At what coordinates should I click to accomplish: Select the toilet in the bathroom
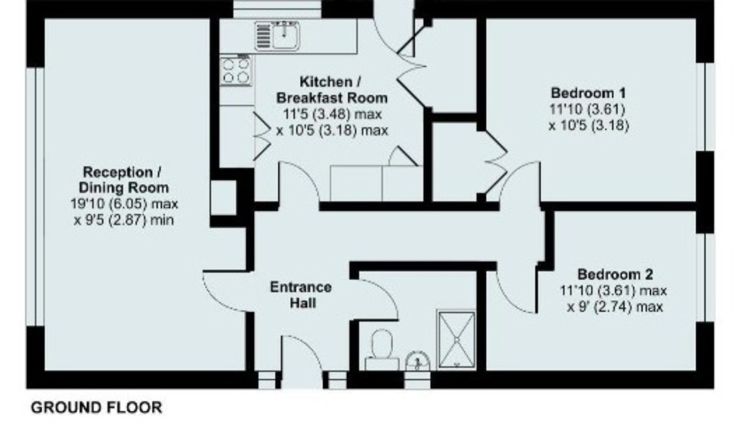click(x=382, y=350)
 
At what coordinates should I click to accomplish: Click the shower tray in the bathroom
click(x=457, y=338)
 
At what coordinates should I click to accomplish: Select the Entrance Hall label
click(x=301, y=295)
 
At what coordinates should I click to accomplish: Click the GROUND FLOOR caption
click(x=96, y=408)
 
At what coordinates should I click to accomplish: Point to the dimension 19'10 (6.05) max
click(x=125, y=204)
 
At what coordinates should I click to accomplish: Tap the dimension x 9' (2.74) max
click(x=614, y=307)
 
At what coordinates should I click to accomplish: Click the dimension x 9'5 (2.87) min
click(x=124, y=220)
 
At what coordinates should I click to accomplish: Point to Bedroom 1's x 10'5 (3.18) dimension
click(x=588, y=125)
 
